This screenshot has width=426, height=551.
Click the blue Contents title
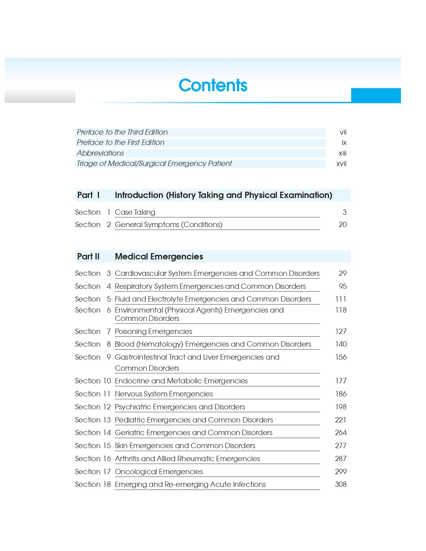point(213,85)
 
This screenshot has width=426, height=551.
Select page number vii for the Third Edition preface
point(343,132)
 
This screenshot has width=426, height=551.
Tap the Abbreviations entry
point(100,153)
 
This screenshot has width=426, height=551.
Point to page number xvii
point(341,164)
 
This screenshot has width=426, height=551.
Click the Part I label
point(89,195)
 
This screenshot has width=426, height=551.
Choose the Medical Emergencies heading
point(159,256)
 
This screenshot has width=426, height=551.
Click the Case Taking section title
point(135,212)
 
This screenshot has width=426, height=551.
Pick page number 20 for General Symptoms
point(342,225)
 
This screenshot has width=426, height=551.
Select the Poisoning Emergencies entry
point(153,332)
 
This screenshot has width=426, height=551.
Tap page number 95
point(342,287)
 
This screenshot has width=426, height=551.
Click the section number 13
point(107,420)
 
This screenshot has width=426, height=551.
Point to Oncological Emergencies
point(159,472)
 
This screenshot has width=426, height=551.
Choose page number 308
point(340,485)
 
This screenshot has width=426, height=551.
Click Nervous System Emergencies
point(164,394)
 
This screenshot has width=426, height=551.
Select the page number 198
point(340,407)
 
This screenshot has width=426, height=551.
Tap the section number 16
point(107,459)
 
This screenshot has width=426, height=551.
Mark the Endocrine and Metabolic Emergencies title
point(181,381)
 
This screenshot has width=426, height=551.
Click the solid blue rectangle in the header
point(376,96)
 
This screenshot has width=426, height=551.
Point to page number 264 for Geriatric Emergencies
point(340,433)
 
